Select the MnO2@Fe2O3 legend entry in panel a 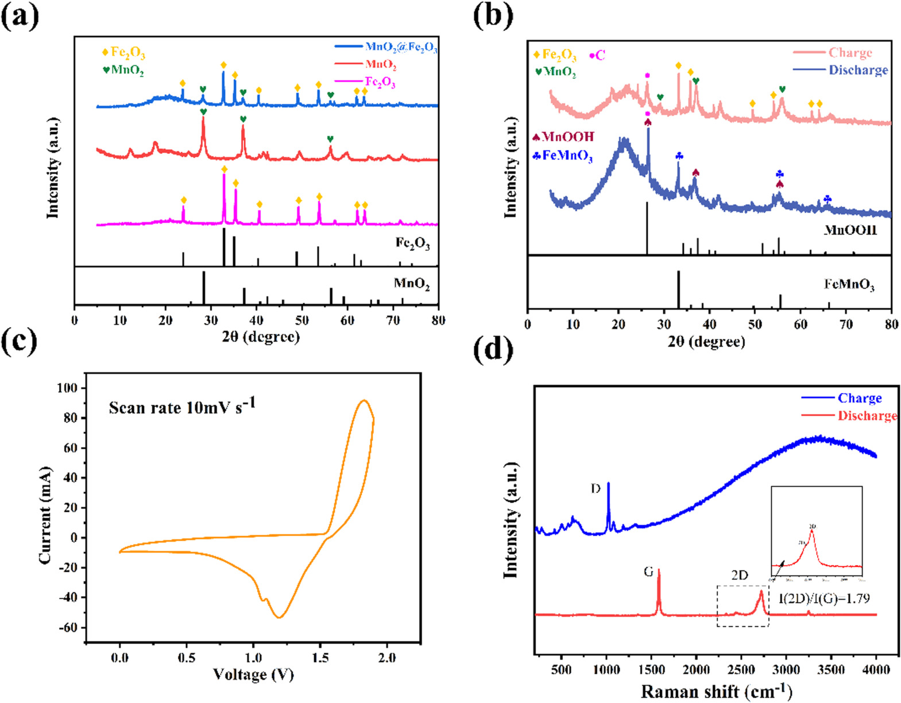(x=401, y=47)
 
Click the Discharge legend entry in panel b (x=858, y=70)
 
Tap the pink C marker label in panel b (x=597, y=56)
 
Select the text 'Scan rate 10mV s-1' (x=182, y=407)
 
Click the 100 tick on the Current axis (x=67, y=388)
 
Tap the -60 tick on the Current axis (x=67, y=627)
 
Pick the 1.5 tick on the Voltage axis (x=320, y=658)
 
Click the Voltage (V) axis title (x=253, y=674)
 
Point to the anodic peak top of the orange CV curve (x=364, y=401)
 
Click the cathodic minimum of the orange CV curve (x=279, y=617)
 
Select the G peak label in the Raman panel (x=648, y=572)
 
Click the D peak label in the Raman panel (x=595, y=489)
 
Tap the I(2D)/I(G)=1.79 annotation (x=823, y=599)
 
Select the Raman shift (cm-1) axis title (x=716, y=691)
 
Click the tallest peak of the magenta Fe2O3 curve (x=223, y=175)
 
